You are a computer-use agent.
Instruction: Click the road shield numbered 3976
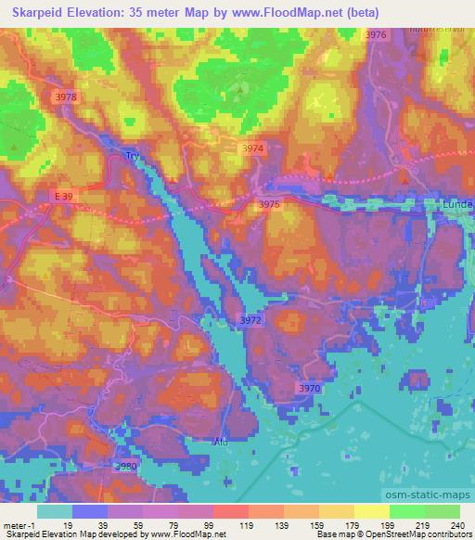375,34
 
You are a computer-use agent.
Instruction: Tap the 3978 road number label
66,96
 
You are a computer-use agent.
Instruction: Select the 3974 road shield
252,148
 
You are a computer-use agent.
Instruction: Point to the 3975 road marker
269,204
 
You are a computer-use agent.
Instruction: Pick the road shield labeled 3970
310,388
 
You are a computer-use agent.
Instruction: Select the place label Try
132,156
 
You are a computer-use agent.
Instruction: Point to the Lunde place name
457,203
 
